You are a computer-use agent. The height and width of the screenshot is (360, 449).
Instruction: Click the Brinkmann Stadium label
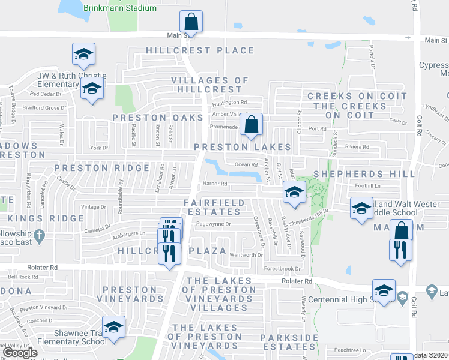click(120, 8)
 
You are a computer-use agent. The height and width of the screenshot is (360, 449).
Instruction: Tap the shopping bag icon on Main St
click(191, 22)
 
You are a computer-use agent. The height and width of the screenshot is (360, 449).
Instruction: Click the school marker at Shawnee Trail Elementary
click(113, 328)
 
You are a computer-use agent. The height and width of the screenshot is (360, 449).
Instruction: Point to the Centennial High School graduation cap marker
click(384, 291)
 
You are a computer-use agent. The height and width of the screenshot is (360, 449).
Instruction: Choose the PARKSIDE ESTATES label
click(289, 342)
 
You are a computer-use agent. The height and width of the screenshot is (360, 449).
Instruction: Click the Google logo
click(20, 353)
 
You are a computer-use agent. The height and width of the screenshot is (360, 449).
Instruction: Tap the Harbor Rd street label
click(215, 184)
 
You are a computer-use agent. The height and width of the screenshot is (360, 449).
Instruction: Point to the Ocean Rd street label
click(246, 164)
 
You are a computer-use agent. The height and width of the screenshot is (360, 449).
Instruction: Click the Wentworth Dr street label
click(247, 255)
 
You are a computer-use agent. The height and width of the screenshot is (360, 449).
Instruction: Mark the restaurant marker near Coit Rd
click(401, 249)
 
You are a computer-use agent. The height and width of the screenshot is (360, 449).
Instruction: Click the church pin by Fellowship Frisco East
click(40, 235)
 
